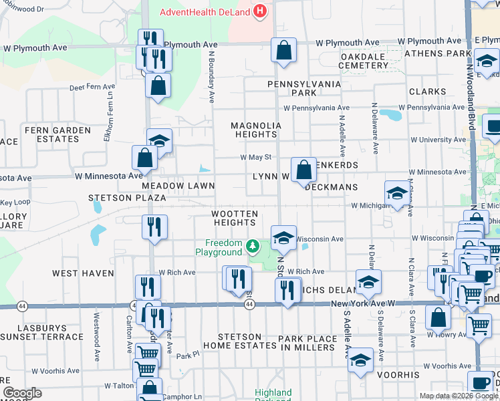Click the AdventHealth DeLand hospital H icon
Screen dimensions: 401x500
260,12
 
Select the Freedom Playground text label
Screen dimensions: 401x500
223,248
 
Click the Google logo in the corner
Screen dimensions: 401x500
22,393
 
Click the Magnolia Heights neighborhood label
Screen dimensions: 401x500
255,130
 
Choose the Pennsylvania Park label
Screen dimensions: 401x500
303,88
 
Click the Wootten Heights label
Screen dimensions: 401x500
235,218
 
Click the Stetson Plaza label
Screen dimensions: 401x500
127,198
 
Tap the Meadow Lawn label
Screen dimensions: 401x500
178,186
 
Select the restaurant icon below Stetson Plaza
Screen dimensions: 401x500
150,227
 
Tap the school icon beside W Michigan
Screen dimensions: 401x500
397,194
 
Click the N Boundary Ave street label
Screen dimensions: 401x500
211,78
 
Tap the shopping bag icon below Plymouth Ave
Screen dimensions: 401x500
158,86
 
